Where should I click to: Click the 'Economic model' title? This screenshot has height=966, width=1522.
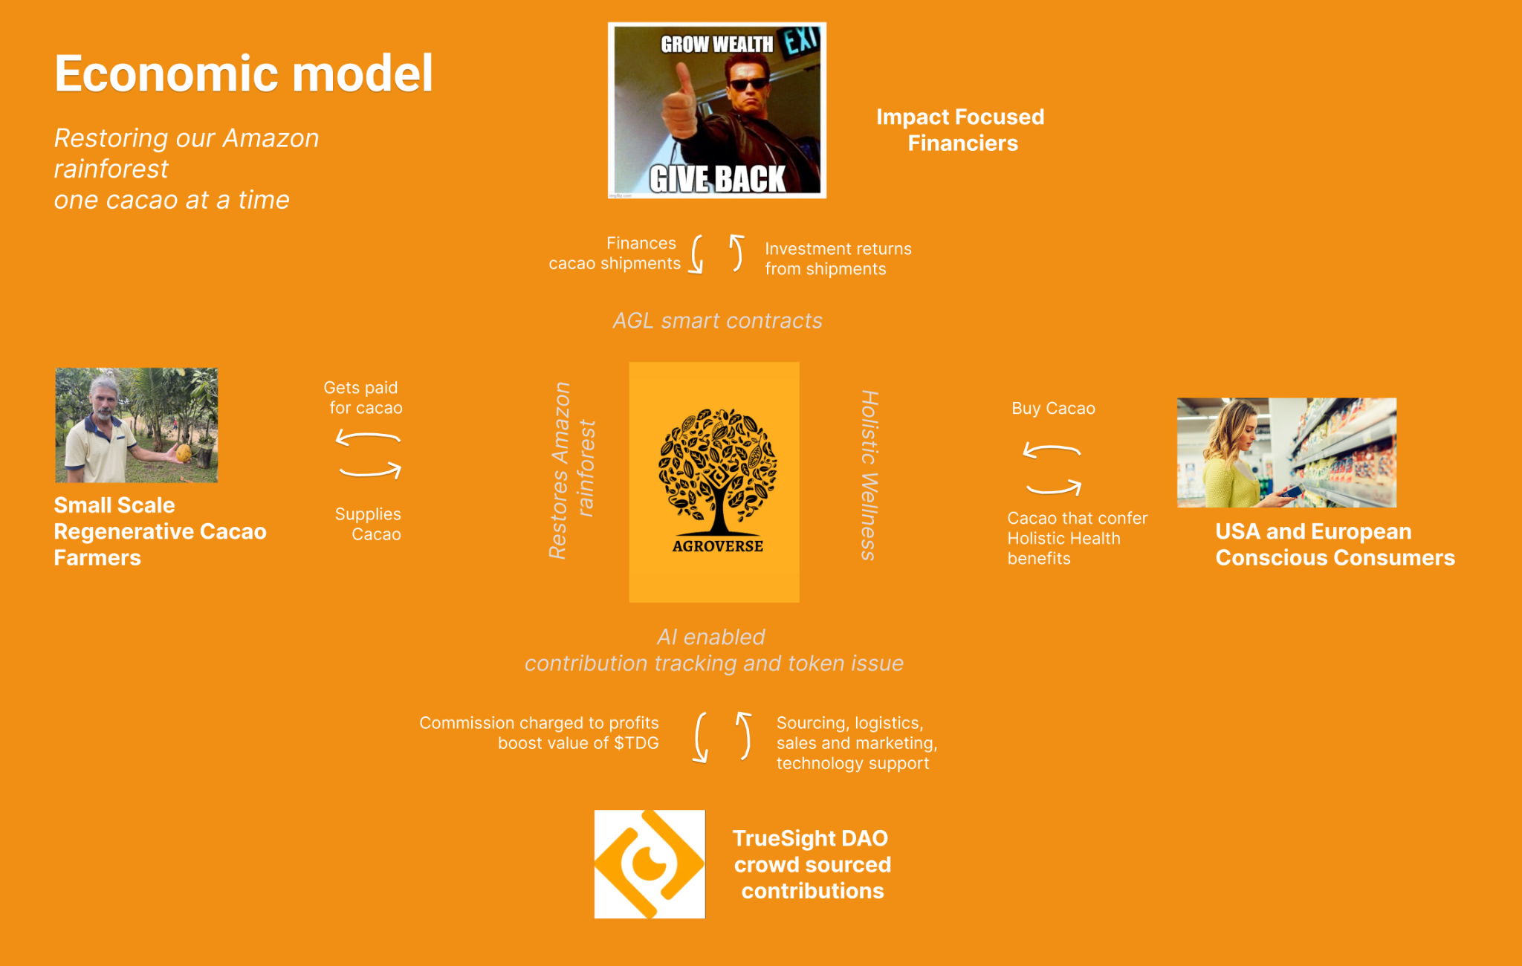coord(243,74)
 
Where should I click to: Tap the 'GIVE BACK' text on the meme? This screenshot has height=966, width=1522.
coord(717,179)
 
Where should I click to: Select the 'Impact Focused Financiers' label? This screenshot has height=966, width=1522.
coord(961,130)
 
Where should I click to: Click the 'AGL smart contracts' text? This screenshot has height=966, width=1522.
coord(717,321)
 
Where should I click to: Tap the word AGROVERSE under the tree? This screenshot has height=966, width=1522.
coord(717,546)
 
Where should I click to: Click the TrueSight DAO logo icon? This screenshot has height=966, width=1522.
coord(650,864)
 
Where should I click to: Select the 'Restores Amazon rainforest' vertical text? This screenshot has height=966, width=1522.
coord(571,470)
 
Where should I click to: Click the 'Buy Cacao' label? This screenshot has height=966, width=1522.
coord(1053,409)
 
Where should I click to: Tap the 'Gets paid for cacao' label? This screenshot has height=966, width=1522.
coord(363,398)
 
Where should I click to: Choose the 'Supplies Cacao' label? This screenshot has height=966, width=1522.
coord(369,524)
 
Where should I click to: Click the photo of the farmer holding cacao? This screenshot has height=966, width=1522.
coord(137,425)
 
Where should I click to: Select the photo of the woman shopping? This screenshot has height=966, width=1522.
coord(1286,453)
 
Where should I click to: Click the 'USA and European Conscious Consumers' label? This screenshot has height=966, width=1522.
coord(1335,545)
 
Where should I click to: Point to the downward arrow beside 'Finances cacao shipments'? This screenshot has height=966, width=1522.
coord(696,255)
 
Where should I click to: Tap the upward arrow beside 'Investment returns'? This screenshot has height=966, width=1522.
coord(736,253)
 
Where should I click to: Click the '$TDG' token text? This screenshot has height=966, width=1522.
coord(636,743)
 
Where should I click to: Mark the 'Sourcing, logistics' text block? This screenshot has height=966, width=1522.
coord(856,743)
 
